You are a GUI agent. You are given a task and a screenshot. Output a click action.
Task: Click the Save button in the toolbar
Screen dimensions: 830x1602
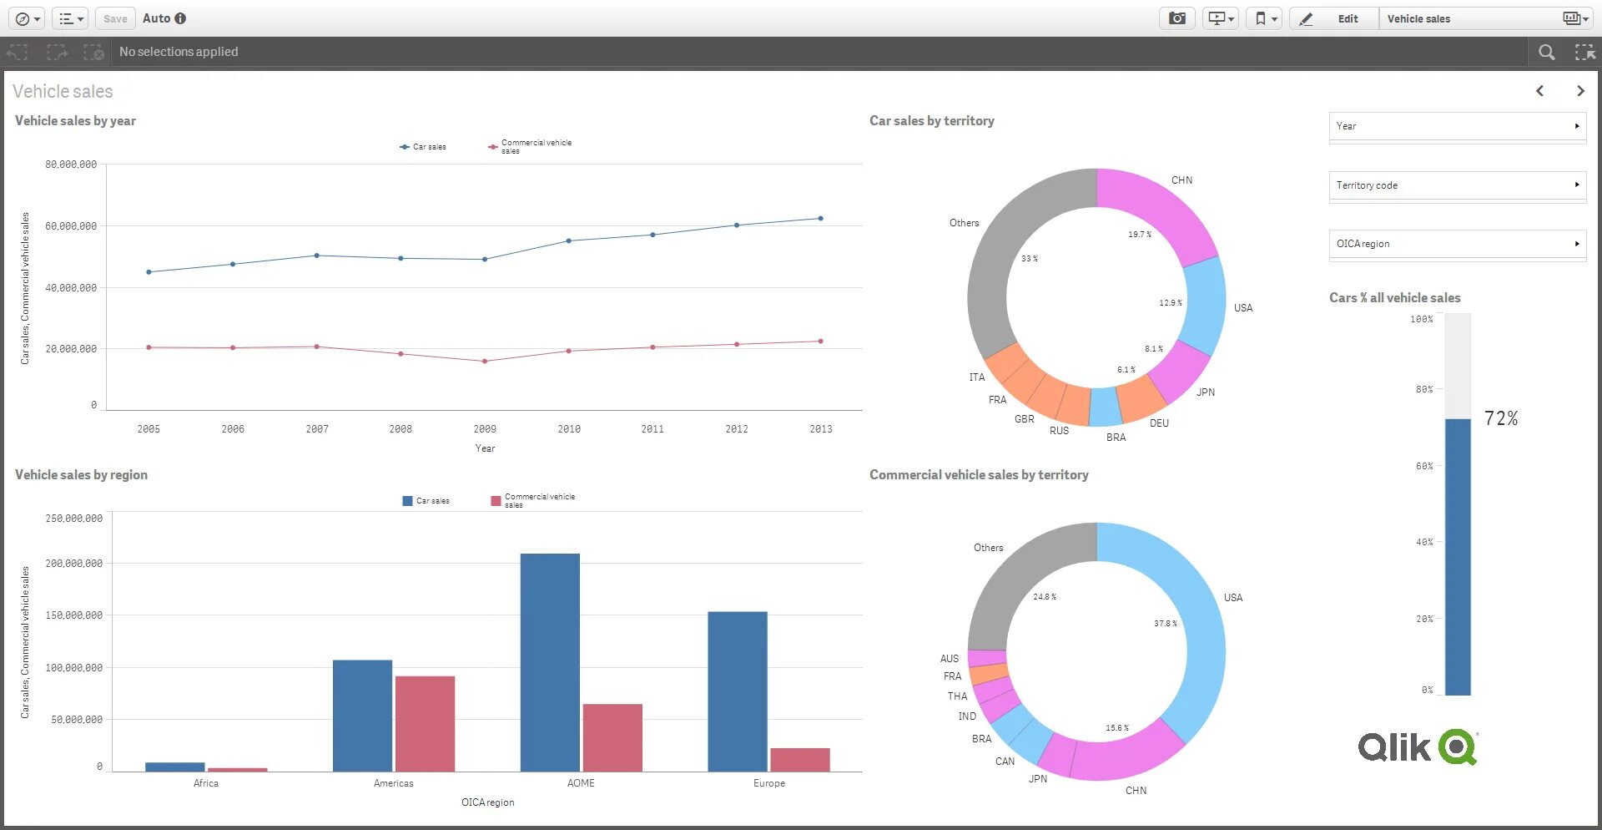(x=115, y=18)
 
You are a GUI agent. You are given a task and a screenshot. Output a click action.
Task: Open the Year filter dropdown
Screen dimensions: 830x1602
(x=1457, y=126)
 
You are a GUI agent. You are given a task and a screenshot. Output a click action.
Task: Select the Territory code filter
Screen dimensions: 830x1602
(x=1457, y=185)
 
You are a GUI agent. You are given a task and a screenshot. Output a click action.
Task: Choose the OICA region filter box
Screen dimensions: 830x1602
(x=1457, y=244)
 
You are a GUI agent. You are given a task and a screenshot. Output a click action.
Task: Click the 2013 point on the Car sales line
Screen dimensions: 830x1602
(x=820, y=219)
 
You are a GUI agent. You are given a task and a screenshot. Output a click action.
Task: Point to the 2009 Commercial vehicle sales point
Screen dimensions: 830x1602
(x=485, y=362)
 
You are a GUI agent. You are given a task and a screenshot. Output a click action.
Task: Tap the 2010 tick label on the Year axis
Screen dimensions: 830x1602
(x=569, y=429)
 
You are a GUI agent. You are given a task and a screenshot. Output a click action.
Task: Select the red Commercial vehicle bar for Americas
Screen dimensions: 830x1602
(x=425, y=723)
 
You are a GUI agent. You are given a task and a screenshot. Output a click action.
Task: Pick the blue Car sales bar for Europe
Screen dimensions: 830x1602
(x=737, y=691)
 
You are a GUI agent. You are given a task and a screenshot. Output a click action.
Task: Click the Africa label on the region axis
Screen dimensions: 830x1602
(x=206, y=783)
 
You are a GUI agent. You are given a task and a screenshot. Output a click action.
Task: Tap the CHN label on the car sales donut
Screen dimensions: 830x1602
(x=1181, y=180)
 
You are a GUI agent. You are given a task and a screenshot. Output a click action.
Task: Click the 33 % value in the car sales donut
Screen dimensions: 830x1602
(x=1030, y=259)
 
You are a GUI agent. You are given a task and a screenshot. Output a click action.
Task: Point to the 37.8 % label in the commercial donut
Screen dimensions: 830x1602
(x=1166, y=624)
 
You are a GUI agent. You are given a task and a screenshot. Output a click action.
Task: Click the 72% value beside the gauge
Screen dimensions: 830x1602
(x=1500, y=418)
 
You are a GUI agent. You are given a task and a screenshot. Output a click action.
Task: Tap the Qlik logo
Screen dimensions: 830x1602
(x=1418, y=746)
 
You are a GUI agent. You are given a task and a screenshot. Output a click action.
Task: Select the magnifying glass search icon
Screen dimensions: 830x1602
(x=1546, y=53)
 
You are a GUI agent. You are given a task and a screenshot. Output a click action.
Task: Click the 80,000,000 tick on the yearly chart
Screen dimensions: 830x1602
(x=71, y=164)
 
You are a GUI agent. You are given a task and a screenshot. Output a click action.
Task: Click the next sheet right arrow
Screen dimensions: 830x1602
(x=1580, y=91)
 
